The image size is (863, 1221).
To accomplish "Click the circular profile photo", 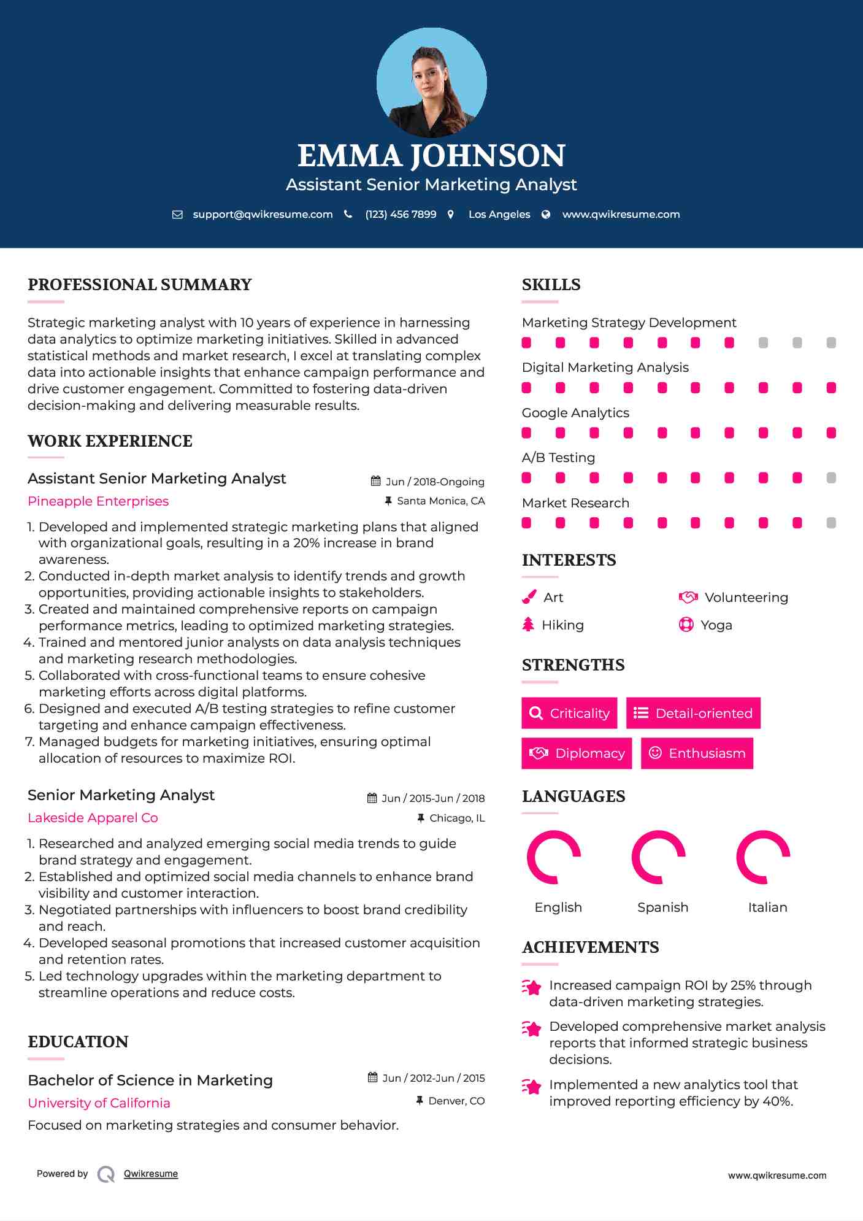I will (431, 82).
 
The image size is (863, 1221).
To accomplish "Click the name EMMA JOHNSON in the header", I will (431, 156).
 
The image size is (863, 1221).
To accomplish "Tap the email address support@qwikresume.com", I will (263, 214).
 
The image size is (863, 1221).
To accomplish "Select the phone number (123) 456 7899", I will (401, 214).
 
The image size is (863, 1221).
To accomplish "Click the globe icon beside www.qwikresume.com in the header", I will (546, 214).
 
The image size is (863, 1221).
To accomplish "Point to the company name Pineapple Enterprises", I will (98, 501).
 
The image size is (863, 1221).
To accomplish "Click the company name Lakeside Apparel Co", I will (93, 818).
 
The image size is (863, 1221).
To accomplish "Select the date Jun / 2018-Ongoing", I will (434, 482).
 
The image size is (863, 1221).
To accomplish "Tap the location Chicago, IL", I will (457, 818).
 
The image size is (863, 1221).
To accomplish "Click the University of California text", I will (99, 1103).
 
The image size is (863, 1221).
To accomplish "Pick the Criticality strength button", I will (569, 713).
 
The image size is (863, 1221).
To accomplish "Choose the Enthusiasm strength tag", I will (697, 753).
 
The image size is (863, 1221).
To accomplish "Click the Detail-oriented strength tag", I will (693, 713).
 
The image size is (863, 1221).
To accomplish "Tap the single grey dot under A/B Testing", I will (831, 478).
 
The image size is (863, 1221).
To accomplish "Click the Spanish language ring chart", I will (659, 857).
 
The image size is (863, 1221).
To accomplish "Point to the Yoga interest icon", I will (686, 625).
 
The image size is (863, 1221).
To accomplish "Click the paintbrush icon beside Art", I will (529, 597).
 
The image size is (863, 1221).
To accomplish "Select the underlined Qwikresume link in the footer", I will (151, 1174).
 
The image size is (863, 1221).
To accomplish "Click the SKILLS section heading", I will (551, 285).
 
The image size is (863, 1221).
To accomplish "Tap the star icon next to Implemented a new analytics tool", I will (531, 1087).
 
